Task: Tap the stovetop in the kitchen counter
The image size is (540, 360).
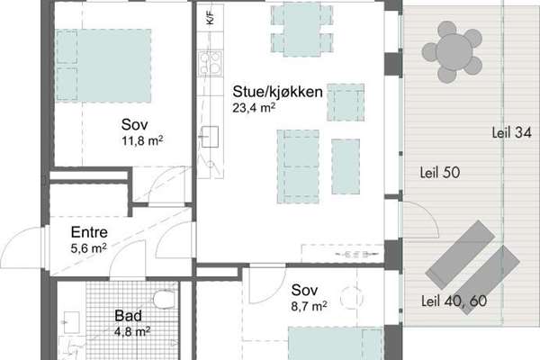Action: click(x=210, y=63)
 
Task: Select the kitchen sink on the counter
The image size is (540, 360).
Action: click(x=210, y=137)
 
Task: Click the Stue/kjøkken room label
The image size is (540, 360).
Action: click(x=277, y=92)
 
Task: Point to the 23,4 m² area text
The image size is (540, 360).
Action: click(x=254, y=108)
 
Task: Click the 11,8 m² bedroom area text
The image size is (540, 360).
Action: click(x=142, y=141)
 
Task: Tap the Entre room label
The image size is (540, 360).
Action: click(x=89, y=232)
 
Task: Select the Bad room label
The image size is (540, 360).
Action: click(x=128, y=316)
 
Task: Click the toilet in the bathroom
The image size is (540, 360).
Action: click(x=165, y=300)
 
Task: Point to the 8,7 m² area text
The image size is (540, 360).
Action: click(x=309, y=306)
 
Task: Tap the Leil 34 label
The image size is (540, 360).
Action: click(x=511, y=133)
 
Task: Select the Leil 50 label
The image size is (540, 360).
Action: click(x=440, y=173)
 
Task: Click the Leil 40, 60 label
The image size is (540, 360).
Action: click(x=454, y=301)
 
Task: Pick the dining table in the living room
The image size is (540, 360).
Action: click(x=301, y=29)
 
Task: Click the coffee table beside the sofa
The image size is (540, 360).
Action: click(x=346, y=166)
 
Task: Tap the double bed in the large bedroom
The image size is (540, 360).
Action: click(x=103, y=66)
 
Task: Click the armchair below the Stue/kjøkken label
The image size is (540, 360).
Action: click(x=346, y=103)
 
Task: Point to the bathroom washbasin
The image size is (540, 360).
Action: click(x=71, y=322)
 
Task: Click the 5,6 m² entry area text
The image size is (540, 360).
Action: click(x=88, y=248)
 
